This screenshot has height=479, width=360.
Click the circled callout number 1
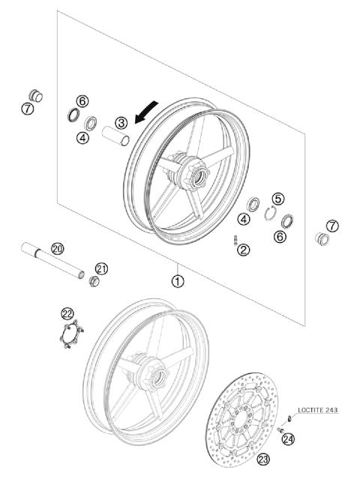tap(178, 282)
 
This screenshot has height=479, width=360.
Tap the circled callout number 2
tap(243, 250)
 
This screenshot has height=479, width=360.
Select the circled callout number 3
tap(120, 122)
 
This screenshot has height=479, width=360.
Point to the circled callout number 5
tap(277, 199)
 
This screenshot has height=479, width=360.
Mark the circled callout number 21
tap(102, 268)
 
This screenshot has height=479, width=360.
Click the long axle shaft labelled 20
tap(52, 259)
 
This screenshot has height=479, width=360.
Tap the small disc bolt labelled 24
tap(280, 430)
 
